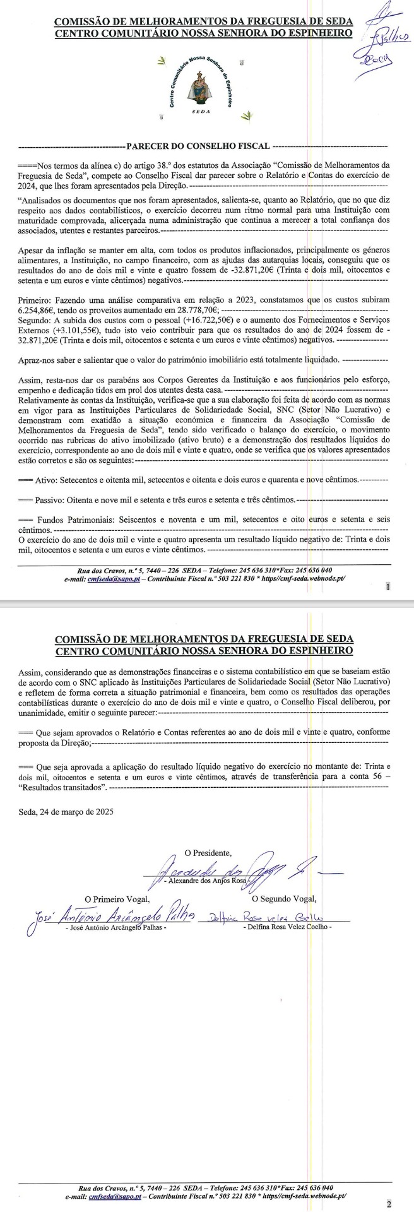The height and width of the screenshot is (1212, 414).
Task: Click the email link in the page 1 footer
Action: pyautogui.click(x=107, y=578)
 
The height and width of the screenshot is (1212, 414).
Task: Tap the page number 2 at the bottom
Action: pyautogui.click(x=389, y=1203)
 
